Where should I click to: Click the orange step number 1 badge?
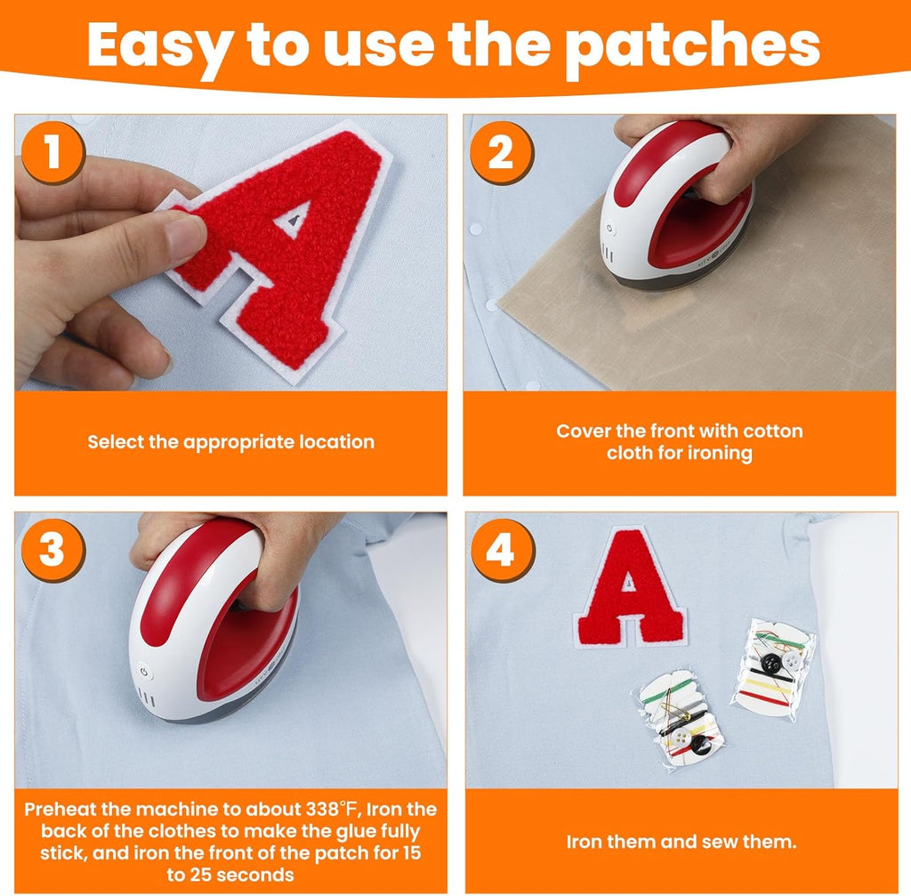click(x=52, y=153)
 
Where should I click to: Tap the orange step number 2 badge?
click(x=502, y=153)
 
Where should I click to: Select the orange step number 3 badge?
click(x=52, y=550)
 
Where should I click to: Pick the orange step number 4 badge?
click(x=502, y=550)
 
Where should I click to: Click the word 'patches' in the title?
click(x=692, y=46)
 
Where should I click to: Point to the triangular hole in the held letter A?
click(x=293, y=220)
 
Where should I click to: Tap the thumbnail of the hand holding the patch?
click(x=230, y=252)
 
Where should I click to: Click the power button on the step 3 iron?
click(x=143, y=673)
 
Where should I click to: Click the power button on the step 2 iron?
click(x=609, y=229)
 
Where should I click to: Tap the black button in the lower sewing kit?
click(x=701, y=745)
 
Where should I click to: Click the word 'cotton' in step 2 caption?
click(x=773, y=432)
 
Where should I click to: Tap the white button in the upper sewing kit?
click(x=791, y=660)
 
